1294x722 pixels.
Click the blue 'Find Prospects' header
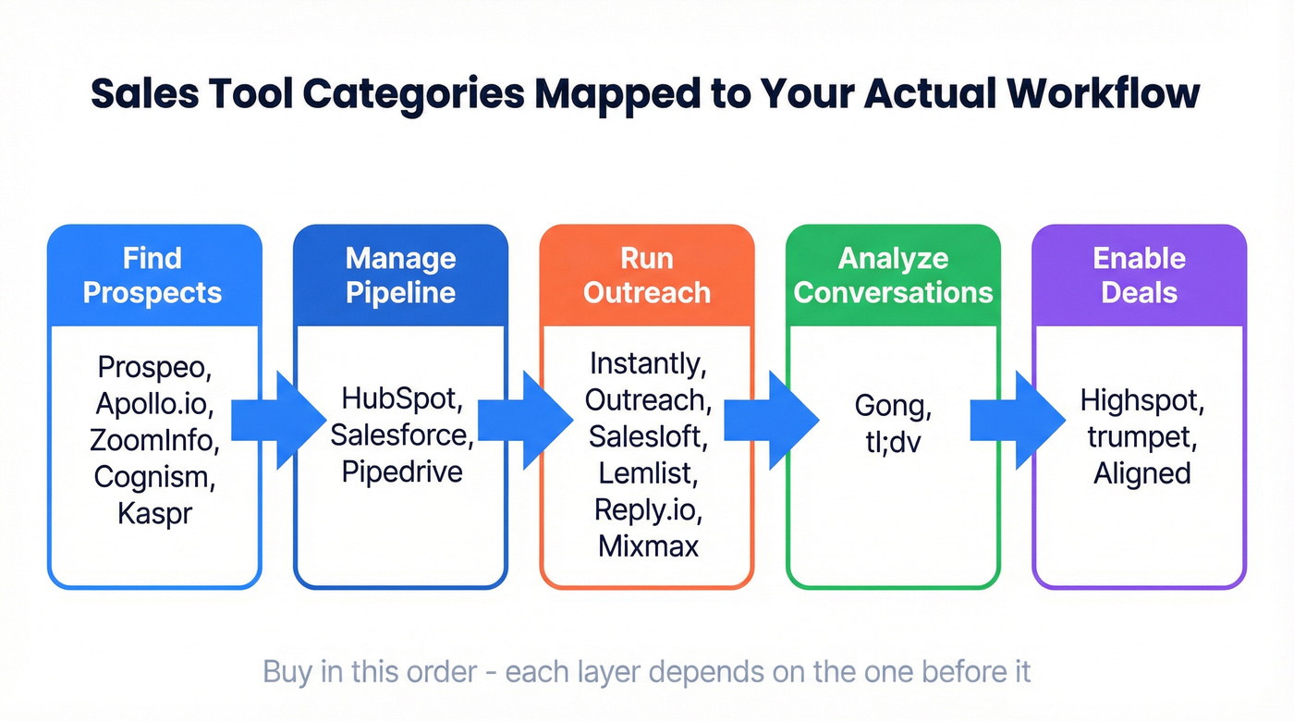[x=153, y=275]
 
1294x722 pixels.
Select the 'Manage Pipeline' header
[x=400, y=275]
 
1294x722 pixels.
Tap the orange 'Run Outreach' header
[x=646, y=275]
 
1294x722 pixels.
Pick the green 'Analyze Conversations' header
[x=893, y=275]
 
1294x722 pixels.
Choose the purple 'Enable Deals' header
[x=1139, y=275]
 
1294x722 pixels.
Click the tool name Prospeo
[x=154, y=367]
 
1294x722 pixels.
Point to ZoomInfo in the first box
[x=154, y=440]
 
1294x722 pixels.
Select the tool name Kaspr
[x=154, y=513]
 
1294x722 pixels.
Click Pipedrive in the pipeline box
[x=401, y=471]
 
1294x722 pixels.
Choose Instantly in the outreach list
[x=646, y=363]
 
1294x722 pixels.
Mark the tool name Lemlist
[x=646, y=472]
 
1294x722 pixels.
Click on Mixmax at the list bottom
[x=648, y=545]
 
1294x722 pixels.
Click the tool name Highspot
[x=1141, y=400]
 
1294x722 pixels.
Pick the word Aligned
[x=1141, y=473]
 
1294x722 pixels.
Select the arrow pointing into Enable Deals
[x=1013, y=421]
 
